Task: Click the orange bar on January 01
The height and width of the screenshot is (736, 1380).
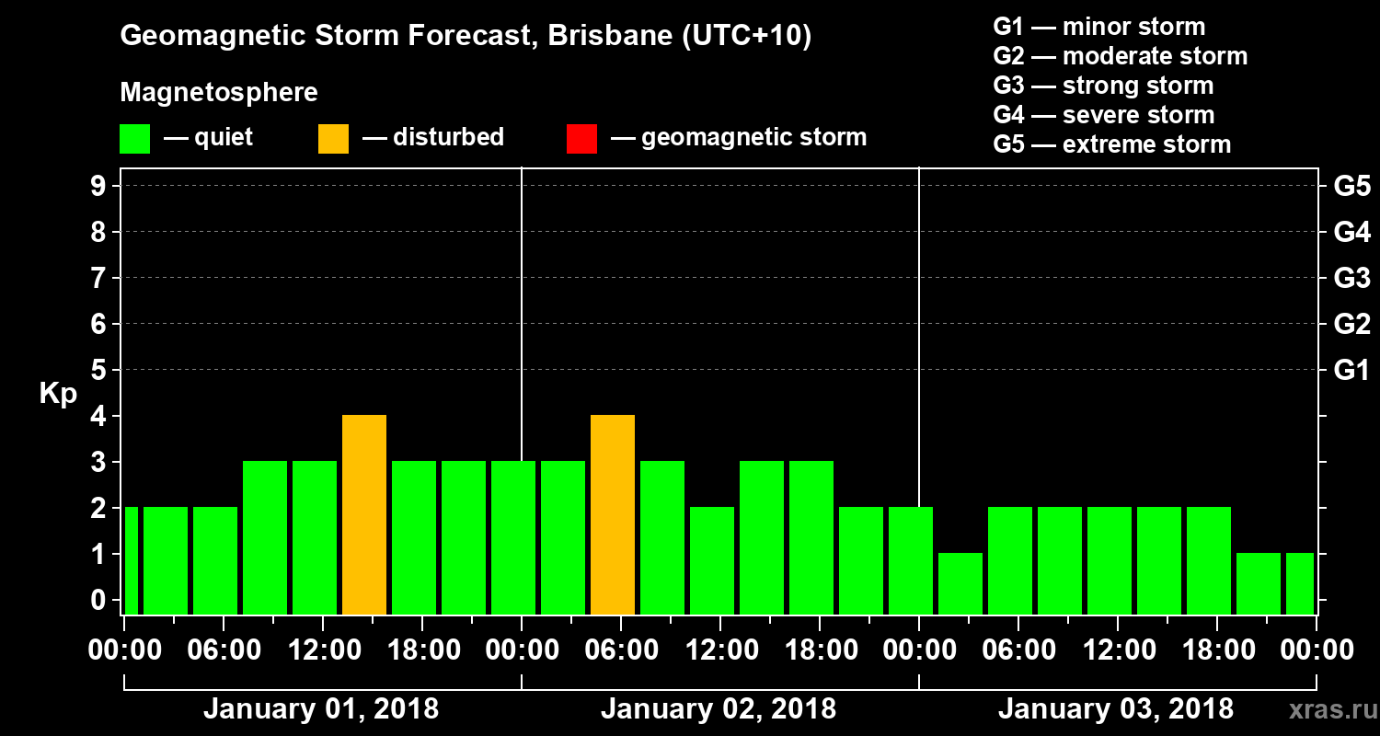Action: [364, 514]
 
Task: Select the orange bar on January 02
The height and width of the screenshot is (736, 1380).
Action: [613, 514]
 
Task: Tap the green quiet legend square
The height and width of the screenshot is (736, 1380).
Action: [134, 138]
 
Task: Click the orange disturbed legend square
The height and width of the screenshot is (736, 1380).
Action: [333, 138]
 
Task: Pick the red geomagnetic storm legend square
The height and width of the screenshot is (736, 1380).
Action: [581, 138]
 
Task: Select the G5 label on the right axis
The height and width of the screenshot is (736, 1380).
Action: [1351, 187]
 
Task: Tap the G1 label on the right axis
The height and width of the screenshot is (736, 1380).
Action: [1351, 371]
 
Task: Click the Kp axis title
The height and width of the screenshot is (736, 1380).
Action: [58, 393]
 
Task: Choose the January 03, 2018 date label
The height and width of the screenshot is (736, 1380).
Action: [1115, 709]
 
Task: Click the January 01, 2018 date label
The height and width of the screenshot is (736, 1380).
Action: [320, 709]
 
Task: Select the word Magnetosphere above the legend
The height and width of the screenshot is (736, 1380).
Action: [219, 93]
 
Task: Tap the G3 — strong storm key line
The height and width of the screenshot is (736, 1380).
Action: [1103, 86]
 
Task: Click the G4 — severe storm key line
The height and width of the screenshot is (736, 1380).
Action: [1103, 115]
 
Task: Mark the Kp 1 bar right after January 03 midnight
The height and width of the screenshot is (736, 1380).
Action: [960, 583]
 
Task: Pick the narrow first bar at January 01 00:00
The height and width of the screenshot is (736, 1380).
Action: [131, 560]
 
